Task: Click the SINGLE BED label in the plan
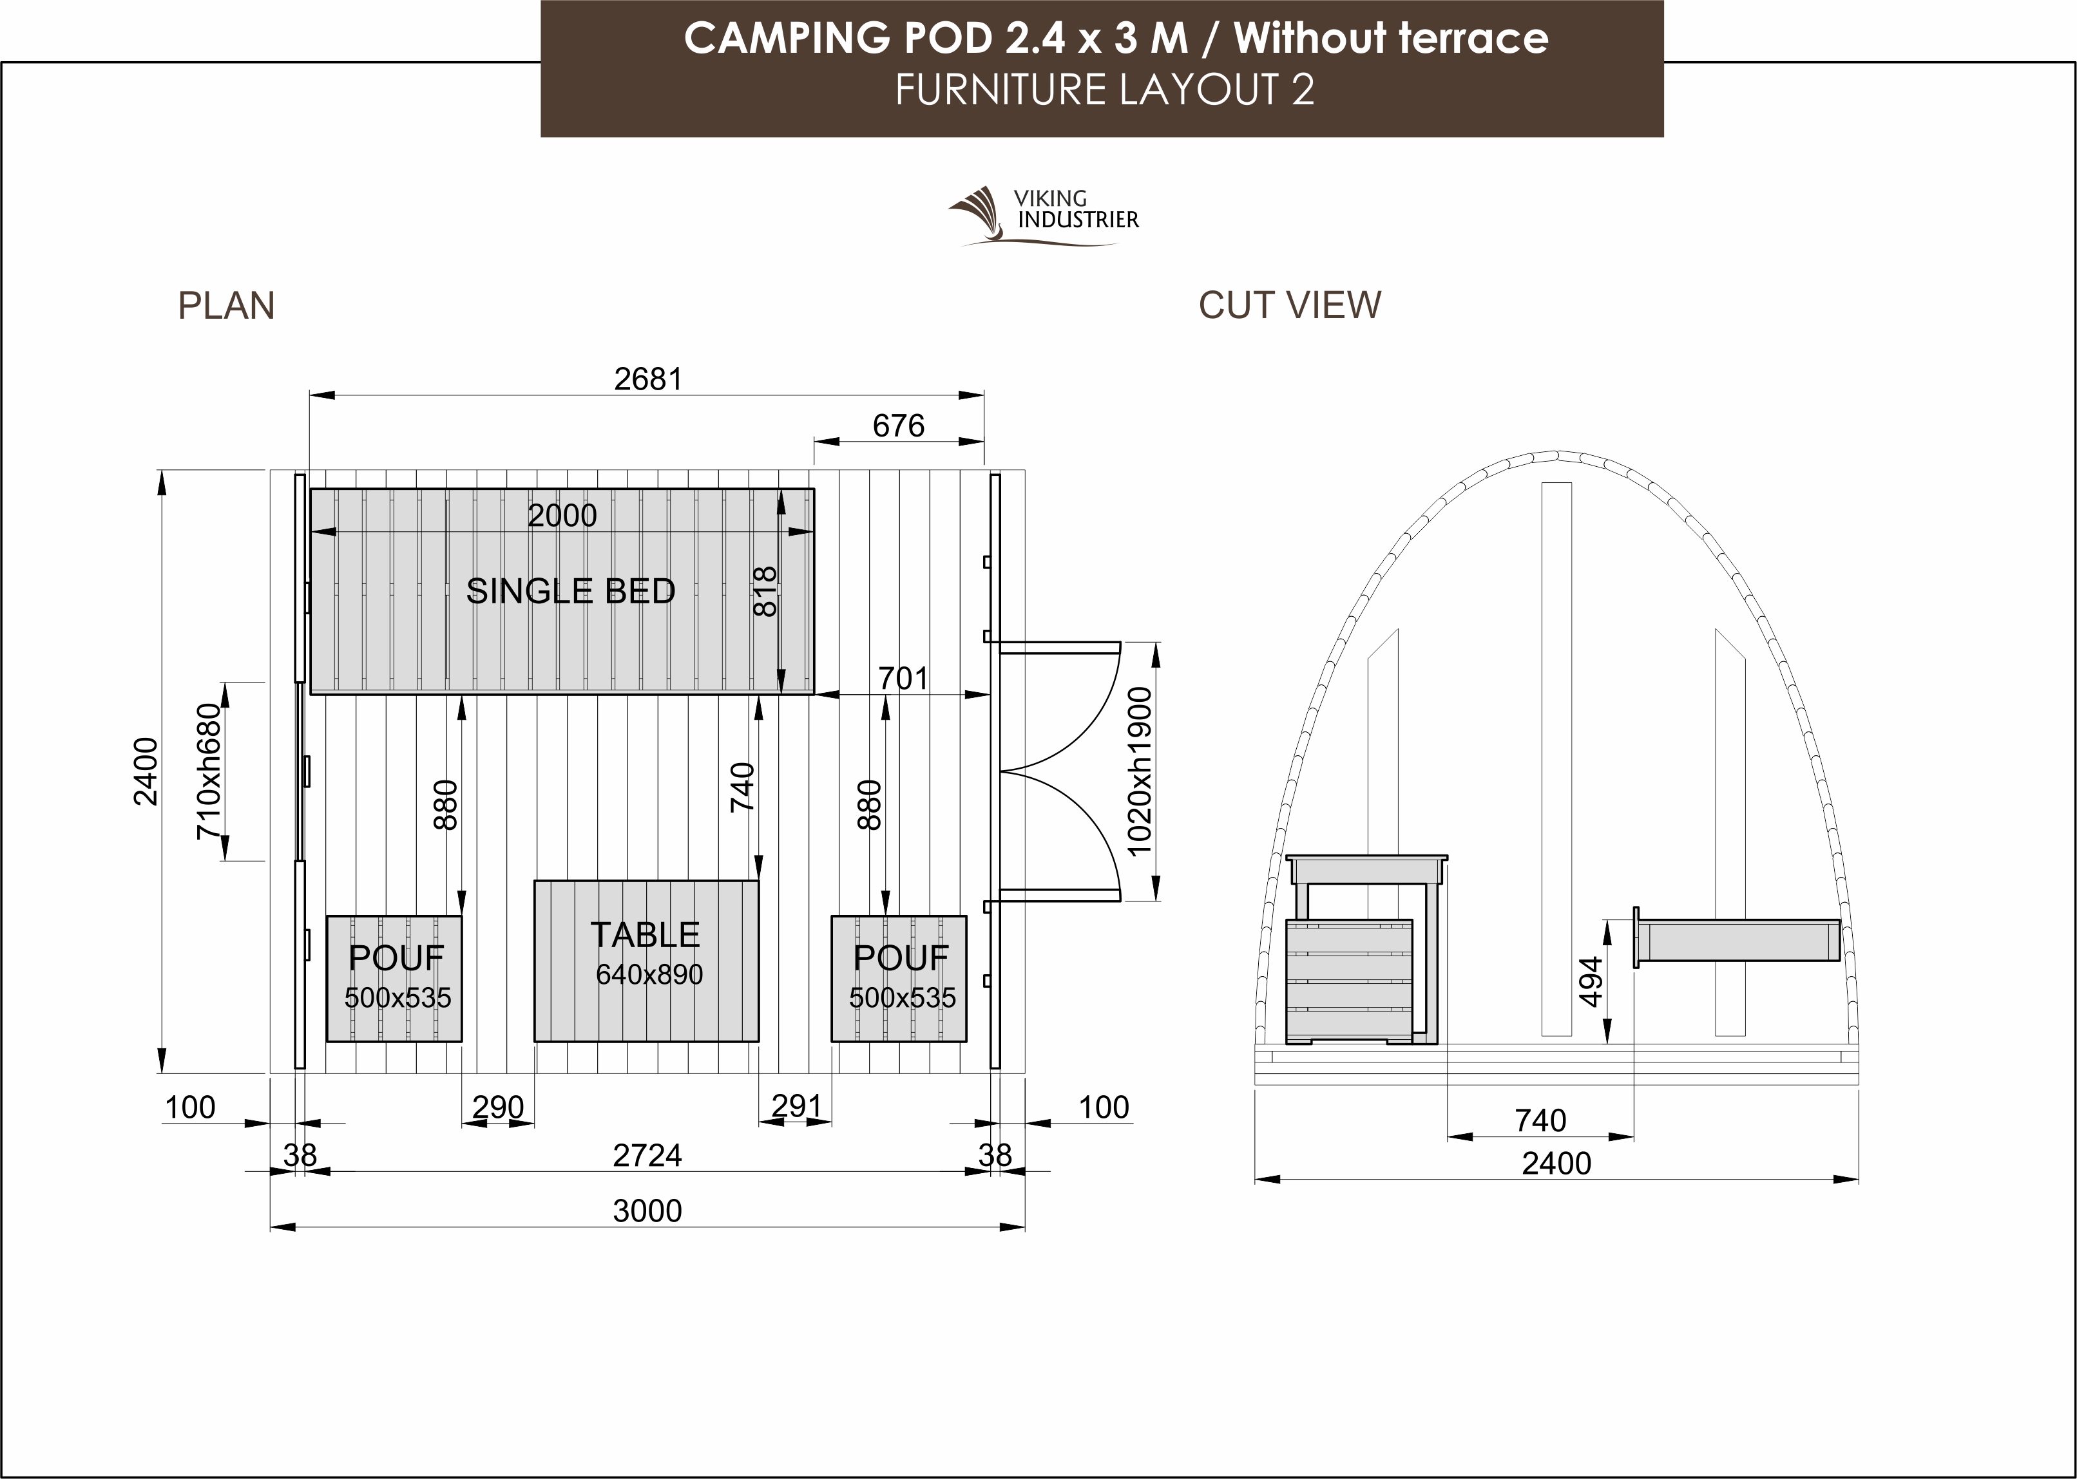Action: [570, 591]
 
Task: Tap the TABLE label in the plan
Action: [645, 934]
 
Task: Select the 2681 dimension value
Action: [647, 379]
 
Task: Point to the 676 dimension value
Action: [898, 426]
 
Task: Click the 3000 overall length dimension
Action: [647, 1211]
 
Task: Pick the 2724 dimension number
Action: [647, 1154]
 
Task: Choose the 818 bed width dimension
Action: [765, 591]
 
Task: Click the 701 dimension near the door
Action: [903, 679]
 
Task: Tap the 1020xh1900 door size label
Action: [1140, 771]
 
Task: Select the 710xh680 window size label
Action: [209, 771]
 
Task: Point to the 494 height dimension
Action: [1589, 982]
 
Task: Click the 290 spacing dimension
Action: [498, 1107]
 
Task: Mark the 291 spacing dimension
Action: [797, 1106]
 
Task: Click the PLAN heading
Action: [226, 306]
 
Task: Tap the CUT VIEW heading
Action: [1289, 305]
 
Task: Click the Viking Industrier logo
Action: [1043, 216]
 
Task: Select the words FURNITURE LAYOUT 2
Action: [1104, 90]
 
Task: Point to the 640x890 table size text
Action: [649, 974]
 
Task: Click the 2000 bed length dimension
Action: [562, 516]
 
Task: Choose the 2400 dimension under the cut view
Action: [1556, 1163]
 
